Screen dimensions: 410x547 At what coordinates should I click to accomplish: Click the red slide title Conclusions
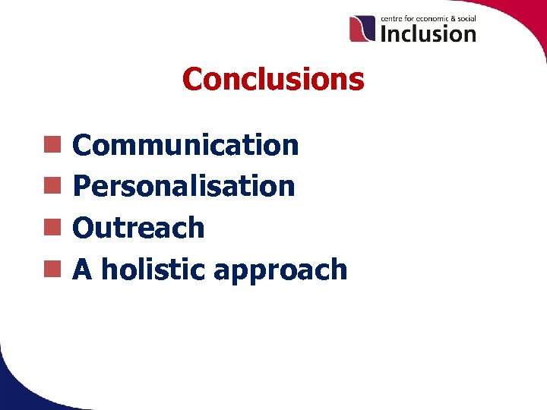coord(273,79)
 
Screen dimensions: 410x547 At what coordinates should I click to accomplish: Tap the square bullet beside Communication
coord(52,143)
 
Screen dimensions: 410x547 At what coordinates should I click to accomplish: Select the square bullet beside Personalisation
coord(52,184)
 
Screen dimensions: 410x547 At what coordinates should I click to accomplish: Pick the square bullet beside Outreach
coord(52,226)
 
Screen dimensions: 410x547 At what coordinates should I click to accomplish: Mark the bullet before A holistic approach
coord(52,267)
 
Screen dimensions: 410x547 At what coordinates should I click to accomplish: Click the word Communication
coord(185,145)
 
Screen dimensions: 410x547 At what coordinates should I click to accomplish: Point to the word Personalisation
coord(184,186)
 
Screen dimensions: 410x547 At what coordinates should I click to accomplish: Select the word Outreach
coord(138,228)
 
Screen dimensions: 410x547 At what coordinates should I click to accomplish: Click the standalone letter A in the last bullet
coord(82,269)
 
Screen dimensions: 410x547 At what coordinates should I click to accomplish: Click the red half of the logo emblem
coord(357,29)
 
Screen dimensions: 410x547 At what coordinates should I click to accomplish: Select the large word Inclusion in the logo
coord(428,33)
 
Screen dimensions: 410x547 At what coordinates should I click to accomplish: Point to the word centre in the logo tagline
coord(393,18)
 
